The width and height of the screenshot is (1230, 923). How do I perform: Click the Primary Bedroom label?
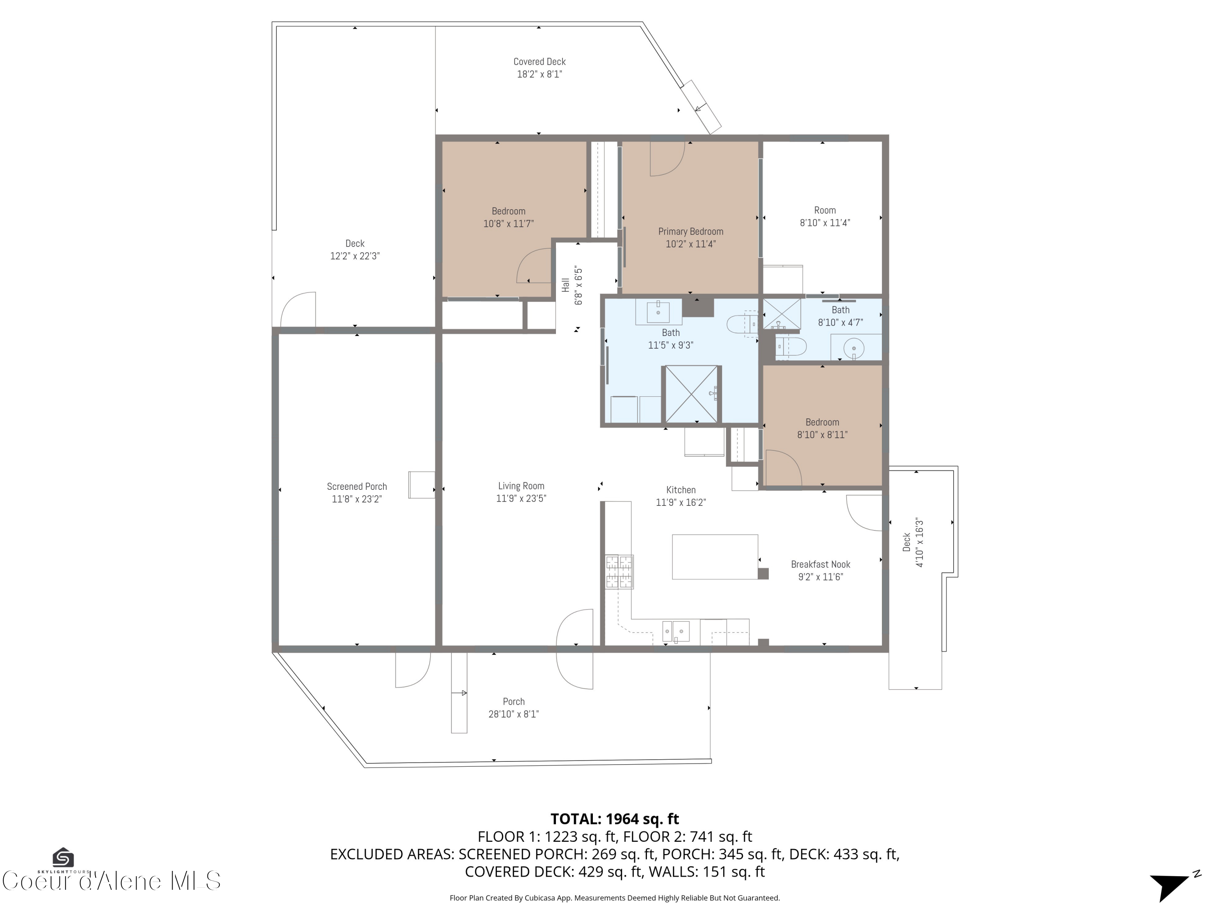click(x=690, y=238)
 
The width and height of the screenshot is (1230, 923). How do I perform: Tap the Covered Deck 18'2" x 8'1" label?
click(x=540, y=68)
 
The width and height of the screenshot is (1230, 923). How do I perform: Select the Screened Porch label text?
click(x=356, y=492)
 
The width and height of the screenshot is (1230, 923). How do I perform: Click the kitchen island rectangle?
click(x=715, y=557)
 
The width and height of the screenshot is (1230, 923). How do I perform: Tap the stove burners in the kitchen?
click(x=619, y=572)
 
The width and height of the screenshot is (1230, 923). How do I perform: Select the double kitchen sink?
click(x=676, y=631)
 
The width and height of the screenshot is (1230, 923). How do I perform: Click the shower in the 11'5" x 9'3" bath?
click(x=691, y=394)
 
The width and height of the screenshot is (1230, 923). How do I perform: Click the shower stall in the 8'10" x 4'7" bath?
click(x=781, y=314)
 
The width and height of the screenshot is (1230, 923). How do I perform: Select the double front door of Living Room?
click(x=575, y=648)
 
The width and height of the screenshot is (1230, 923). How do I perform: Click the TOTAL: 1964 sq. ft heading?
click(x=615, y=819)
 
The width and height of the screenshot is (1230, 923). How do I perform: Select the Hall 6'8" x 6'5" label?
click(x=572, y=285)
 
